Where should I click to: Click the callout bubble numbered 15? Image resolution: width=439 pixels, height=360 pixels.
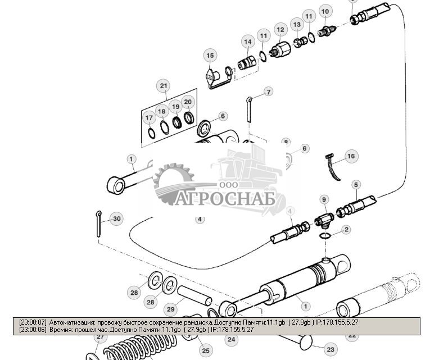tap(210, 55)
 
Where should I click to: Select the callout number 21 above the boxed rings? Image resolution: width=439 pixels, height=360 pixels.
tap(164, 86)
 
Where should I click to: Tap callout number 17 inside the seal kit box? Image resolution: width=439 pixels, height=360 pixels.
tap(149, 118)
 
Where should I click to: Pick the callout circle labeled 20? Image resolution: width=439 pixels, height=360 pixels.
tap(188, 102)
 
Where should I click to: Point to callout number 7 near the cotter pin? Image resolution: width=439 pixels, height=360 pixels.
tap(269, 92)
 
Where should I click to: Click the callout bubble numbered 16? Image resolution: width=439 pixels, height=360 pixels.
tap(351, 156)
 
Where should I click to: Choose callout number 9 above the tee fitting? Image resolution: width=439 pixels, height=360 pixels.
tap(323, 199)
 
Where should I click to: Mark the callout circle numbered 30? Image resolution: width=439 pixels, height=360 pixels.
tap(116, 218)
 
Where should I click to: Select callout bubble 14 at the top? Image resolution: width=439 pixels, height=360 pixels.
tap(247, 42)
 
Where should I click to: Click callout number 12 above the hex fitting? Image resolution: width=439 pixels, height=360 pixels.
tap(280, 29)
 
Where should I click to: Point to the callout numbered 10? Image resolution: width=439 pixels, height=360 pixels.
tap(324, 11)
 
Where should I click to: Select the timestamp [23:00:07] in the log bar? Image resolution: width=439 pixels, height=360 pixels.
tap(33, 322)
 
